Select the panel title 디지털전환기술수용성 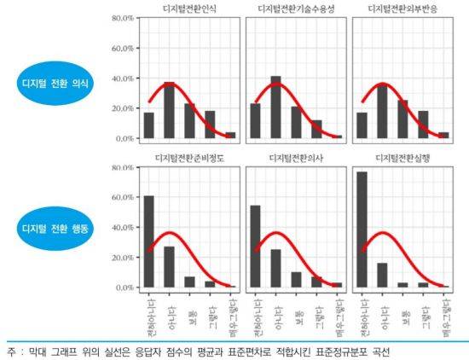[x=296, y=9]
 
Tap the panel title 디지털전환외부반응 [x=402, y=9]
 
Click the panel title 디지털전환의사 [x=296, y=158]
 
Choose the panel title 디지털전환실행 [x=402, y=158]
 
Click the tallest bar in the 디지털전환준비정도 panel [x=148, y=241]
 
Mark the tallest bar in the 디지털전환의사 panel [x=255, y=247]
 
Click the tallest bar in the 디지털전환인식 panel [x=169, y=110]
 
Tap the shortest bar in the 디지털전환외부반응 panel [x=443, y=135]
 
